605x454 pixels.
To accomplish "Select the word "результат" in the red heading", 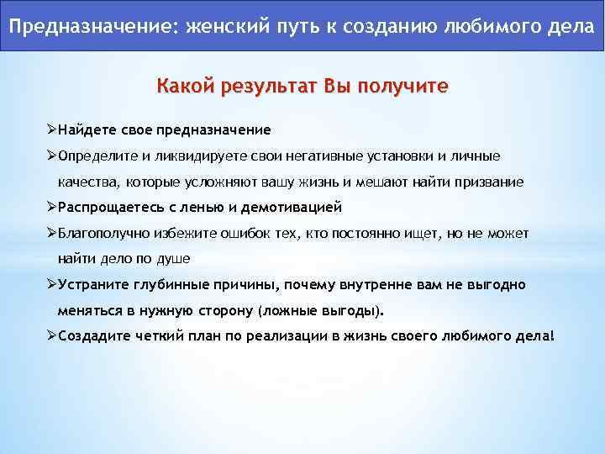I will [x=265, y=87].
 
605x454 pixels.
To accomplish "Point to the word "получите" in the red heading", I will [x=403, y=87].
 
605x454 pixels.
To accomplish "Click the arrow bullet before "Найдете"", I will [x=51, y=130].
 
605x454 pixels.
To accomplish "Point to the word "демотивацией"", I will [x=292, y=207].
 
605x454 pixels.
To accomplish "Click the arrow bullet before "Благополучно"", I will [x=51, y=233].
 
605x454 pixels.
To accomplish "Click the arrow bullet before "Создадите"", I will [x=51, y=335].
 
